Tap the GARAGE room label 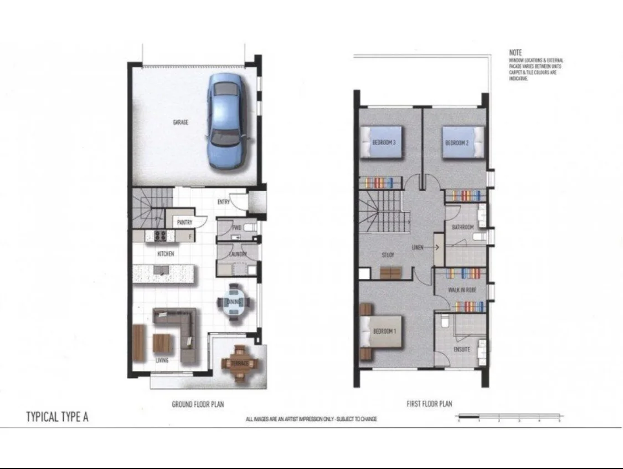[181, 123]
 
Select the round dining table [234, 302]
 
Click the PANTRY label [184, 222]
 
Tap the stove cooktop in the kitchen [160, 236]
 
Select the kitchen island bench [164, 272]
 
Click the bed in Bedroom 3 [382, 142]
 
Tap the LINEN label [418, 247]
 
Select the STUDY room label [388, 255]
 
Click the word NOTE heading [515, 52]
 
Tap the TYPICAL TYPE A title [57, 417]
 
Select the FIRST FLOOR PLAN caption [429, 404]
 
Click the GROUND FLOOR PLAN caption [198, 405]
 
